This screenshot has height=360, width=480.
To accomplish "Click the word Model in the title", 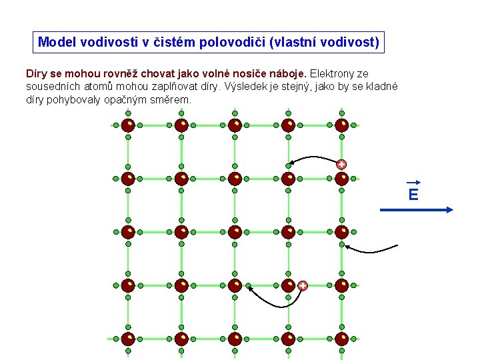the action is [57, 43].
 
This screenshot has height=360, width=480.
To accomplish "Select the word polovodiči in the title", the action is [229, 43].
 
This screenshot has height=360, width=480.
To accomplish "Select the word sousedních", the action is [53, 87].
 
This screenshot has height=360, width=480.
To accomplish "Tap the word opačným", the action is [137, 100].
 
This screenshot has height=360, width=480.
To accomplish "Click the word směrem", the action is [174, 100].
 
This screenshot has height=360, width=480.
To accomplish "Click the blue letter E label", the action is [413, 195].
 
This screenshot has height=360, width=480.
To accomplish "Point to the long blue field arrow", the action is [417, 209].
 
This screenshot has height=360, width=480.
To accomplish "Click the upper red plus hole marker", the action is [341, 164].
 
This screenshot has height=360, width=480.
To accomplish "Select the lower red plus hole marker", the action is [303, 285].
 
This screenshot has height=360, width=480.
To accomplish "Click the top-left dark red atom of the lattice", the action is [128, 125].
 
